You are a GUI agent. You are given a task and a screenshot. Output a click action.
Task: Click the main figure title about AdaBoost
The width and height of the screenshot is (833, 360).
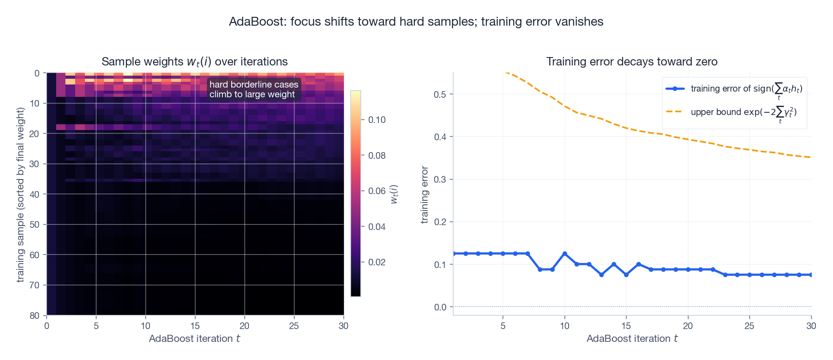coord(416,22)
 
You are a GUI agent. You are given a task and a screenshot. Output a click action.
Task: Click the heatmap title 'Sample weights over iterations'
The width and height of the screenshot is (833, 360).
coord(195,61)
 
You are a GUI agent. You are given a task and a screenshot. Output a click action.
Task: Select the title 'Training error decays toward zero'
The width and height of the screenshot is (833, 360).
coord(631,61)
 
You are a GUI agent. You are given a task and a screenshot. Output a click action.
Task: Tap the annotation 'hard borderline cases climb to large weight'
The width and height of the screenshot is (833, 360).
coord(253,89)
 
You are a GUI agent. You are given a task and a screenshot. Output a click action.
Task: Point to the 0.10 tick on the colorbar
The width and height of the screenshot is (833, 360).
coord(377,120)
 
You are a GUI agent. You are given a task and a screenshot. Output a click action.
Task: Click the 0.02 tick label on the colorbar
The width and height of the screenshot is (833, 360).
coord(377,262)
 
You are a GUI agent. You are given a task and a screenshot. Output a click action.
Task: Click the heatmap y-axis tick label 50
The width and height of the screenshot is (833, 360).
coord(34,225)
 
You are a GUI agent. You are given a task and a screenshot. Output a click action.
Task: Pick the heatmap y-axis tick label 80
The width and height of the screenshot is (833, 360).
coord(34,316)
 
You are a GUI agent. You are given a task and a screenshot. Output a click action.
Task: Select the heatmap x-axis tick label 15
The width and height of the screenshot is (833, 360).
coord(195,326)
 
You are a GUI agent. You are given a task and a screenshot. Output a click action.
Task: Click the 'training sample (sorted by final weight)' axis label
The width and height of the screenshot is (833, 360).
coord(20,195)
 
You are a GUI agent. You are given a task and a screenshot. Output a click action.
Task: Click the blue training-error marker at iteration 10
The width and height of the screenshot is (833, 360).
coord(565,254)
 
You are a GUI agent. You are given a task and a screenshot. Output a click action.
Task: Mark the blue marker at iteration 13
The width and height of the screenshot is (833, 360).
coord(601,275)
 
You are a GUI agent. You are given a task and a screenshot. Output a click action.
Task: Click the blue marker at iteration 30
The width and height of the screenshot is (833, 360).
coord(811,275)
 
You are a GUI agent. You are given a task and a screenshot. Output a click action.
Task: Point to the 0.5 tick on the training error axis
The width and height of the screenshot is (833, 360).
coord(440,94)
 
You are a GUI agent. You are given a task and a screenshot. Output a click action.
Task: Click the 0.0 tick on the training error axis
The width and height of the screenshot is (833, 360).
coord(440,307)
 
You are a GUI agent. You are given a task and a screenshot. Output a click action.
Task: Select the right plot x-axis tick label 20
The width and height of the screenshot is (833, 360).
coord(688,326)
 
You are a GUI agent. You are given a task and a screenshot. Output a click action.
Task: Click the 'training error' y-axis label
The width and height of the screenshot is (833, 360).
coord(424,195)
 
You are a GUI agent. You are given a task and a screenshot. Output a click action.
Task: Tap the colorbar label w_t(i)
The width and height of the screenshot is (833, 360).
coord(394,195)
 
